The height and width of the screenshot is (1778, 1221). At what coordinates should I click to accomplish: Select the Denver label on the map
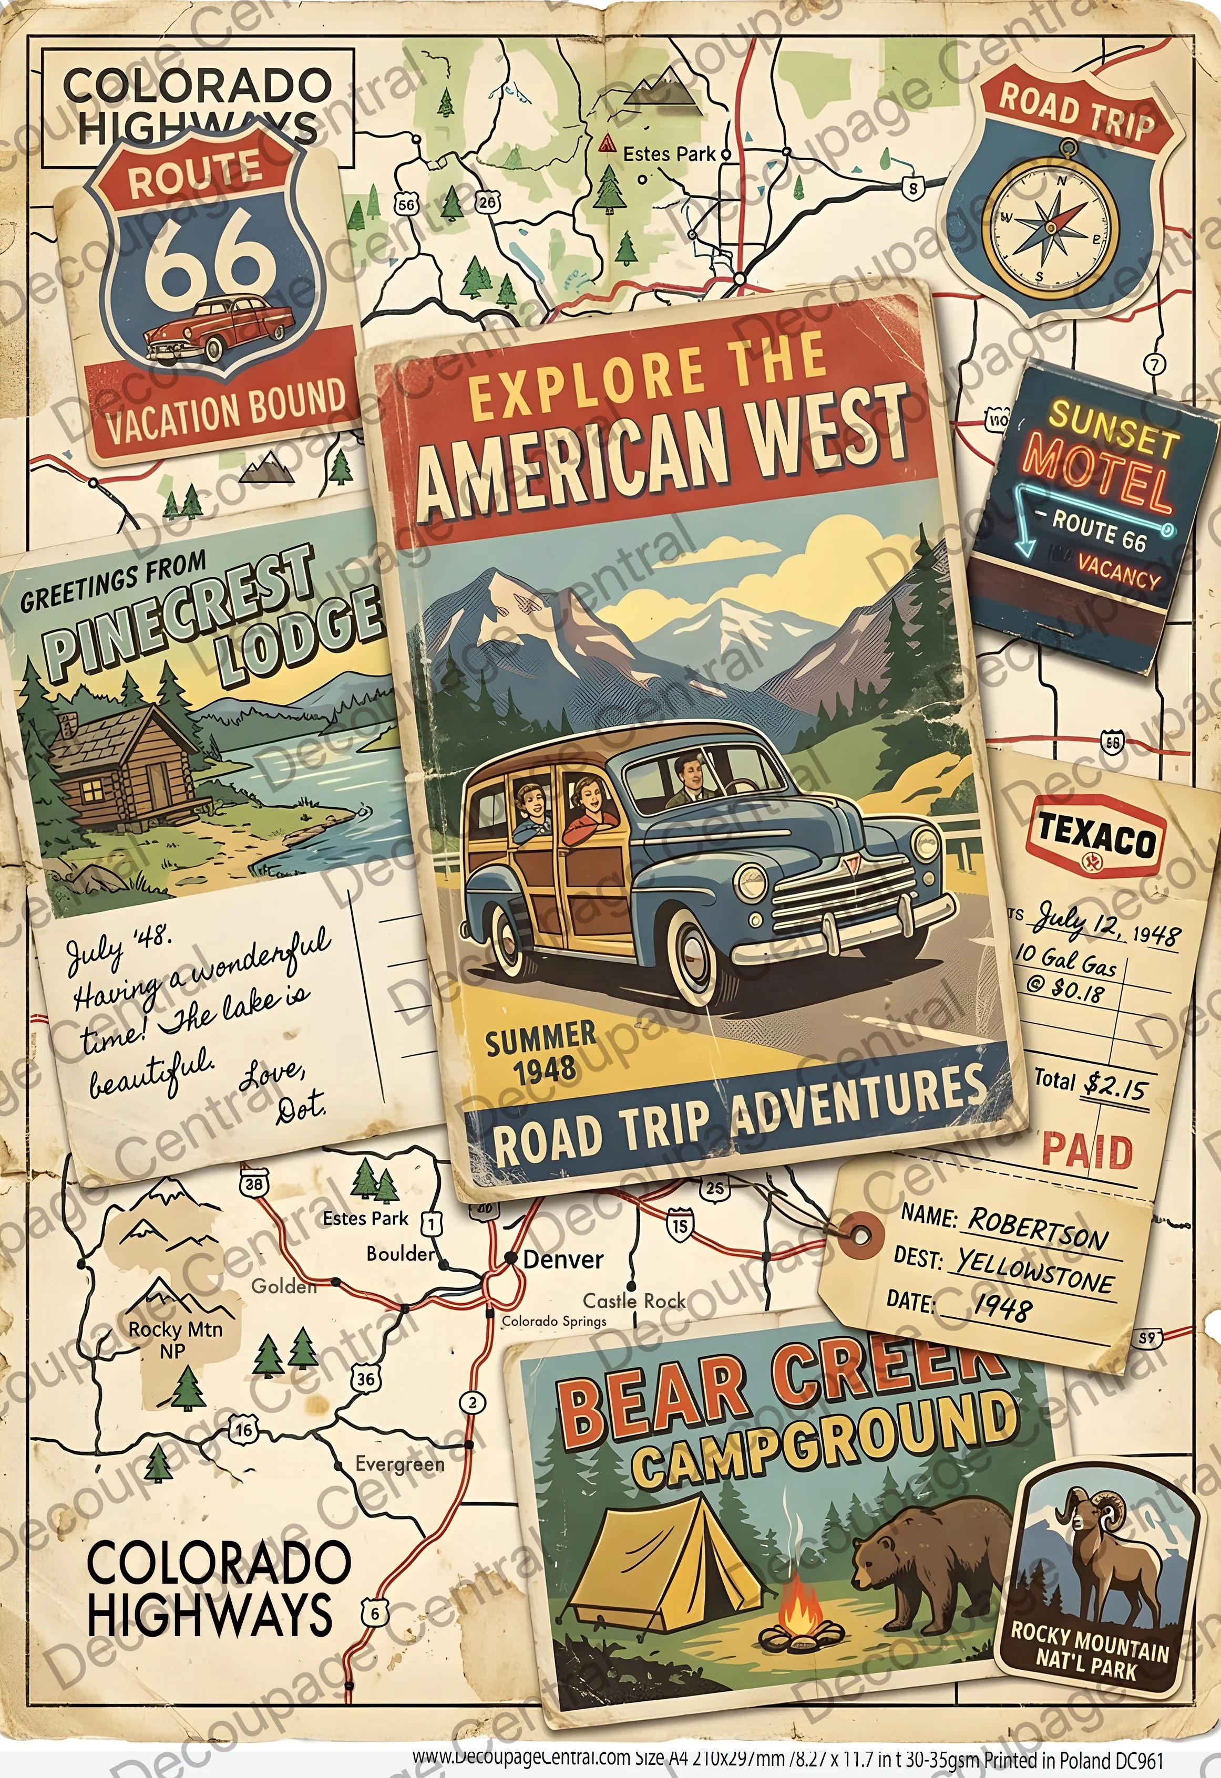pos(562,1259)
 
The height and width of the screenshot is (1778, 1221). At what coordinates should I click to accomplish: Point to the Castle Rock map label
pos(634,1301)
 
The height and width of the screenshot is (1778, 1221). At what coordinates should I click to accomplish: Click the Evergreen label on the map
pos(399,1463)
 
